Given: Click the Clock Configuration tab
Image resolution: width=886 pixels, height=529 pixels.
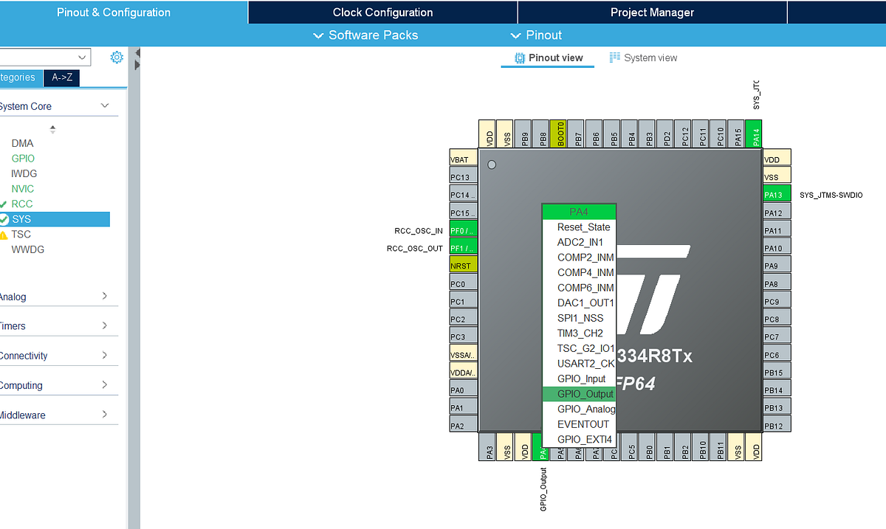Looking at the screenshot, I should pyautogui.click(x=382, y=13).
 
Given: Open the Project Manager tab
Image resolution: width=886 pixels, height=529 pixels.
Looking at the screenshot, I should pyautogui.click(x=652, y=13).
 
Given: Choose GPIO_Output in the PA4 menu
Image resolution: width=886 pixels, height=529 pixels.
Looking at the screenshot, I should pyautogui.click(x=585, y=394).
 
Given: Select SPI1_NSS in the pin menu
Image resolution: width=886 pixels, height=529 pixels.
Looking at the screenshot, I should pyautogui.click(x=580, y=318).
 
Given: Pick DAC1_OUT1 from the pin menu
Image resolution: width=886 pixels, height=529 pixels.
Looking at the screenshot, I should pyautogui.click(x=585, y=303).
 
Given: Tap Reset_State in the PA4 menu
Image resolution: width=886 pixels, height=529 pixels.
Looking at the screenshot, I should pyautogui.click(x=583, y=227).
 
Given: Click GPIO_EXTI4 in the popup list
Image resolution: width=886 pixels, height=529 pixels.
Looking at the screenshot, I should pyautogui.click(x=584, y=440).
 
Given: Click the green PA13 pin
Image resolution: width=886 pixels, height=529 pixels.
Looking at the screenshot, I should pyautogui.click(x=773, y=195).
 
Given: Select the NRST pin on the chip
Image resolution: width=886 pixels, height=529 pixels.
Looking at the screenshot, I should pyautogui.click(x=463, y=265).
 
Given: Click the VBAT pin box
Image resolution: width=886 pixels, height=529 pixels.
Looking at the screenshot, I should pyautogui.click(x=463, y=159).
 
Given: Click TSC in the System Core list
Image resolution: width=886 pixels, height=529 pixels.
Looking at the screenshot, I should pyautogui.click(x=21, y=235).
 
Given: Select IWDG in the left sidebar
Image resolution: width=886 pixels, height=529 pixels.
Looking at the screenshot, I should pyautogui.click(x=24, y=174).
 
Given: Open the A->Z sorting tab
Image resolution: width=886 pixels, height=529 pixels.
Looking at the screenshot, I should pyautogui.click(x=62, y=78).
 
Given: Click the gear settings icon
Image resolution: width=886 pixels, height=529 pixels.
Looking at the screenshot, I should pyautogui.click(x=116, y=58).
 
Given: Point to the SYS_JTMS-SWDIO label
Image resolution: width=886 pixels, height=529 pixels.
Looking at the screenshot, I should pyautogui.click(x=831, y=196).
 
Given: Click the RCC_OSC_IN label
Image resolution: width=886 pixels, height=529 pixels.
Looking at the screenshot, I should pyautogui.click(x=419, y=231).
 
